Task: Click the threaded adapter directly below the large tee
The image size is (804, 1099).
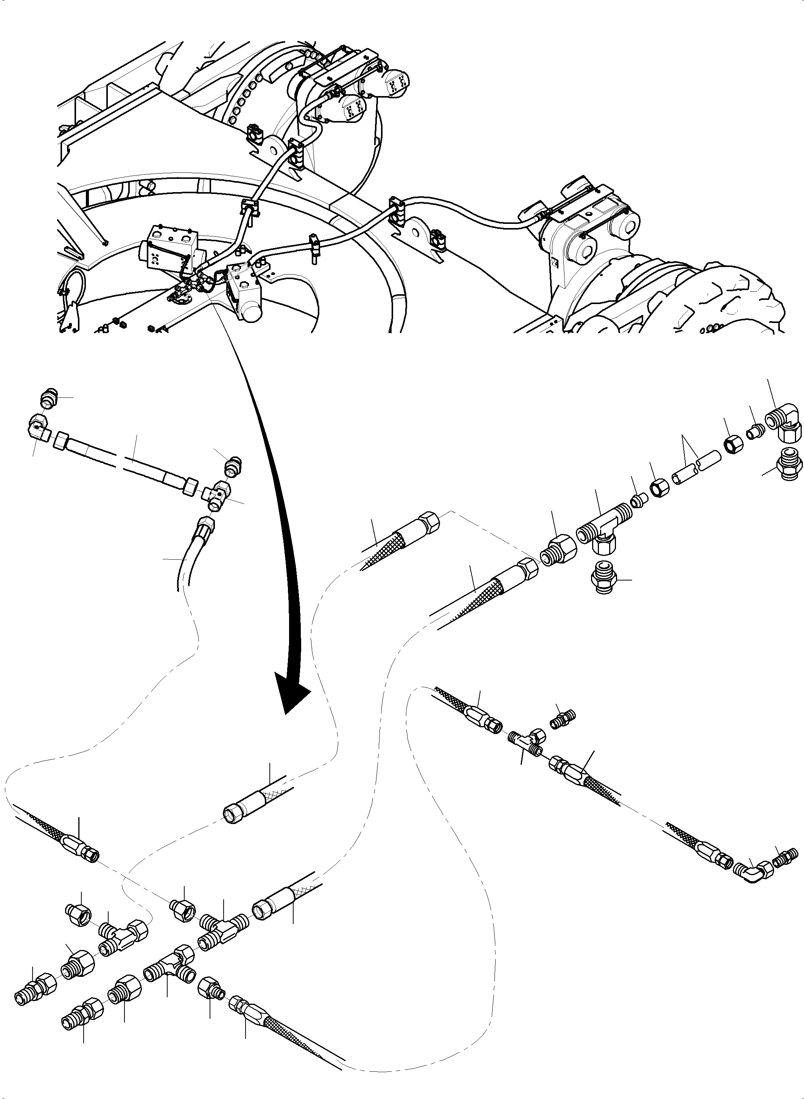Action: point(603,578)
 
